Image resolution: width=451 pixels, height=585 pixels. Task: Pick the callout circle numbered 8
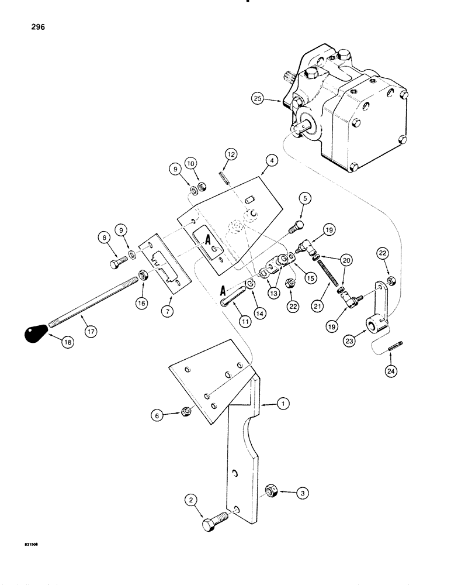coord(105,238)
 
